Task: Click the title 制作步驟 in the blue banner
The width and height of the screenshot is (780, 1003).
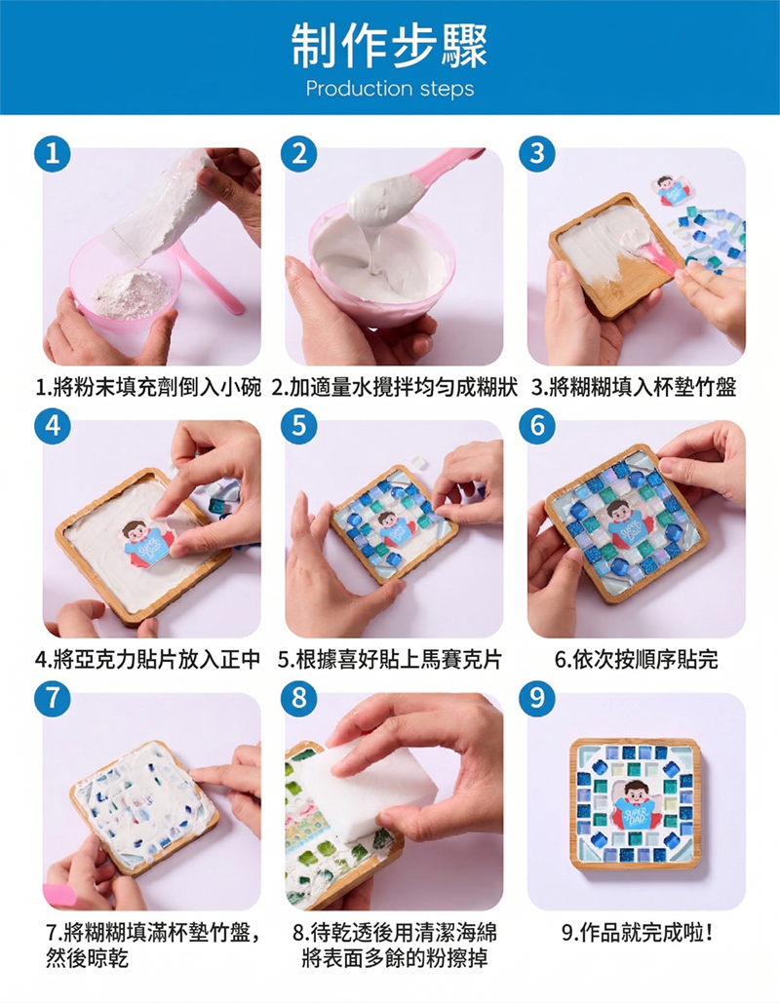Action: pos(389,46)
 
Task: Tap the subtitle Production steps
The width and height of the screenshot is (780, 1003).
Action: pos(390,89)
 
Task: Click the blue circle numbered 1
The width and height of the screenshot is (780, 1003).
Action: pos(53,154)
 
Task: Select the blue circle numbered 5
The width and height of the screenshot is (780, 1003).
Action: pos(298,425)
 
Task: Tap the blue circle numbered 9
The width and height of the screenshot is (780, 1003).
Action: pos(537,699)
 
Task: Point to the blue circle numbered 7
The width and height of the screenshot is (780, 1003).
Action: pos(53,699)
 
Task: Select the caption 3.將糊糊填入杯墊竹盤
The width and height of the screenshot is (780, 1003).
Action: pos(634,387)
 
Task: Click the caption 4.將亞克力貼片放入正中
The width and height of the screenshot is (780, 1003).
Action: pos(148,660)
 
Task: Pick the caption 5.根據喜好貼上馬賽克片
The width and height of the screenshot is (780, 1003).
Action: pos(390,660)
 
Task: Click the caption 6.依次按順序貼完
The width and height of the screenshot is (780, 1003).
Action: pos(636,660)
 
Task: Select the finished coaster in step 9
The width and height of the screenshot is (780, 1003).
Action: pos(635,804)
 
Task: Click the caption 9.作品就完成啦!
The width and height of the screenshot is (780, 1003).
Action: pos(638,933)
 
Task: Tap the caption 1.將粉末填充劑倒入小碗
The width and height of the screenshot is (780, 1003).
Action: pos(148,387)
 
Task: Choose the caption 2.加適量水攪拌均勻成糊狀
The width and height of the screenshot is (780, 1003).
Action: pos(395,387)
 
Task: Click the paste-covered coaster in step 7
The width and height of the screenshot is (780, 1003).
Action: pos(144,808)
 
